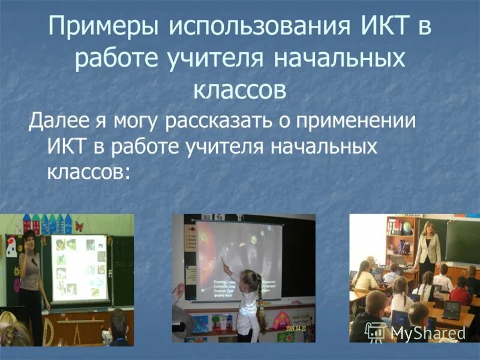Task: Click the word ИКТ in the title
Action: tap(386, 28)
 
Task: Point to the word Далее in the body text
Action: tap(59, 122)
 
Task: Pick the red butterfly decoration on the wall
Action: tap(77, 227)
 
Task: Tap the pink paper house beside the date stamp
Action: tap(280, 320)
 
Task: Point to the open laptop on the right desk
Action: tap(451, 310)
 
